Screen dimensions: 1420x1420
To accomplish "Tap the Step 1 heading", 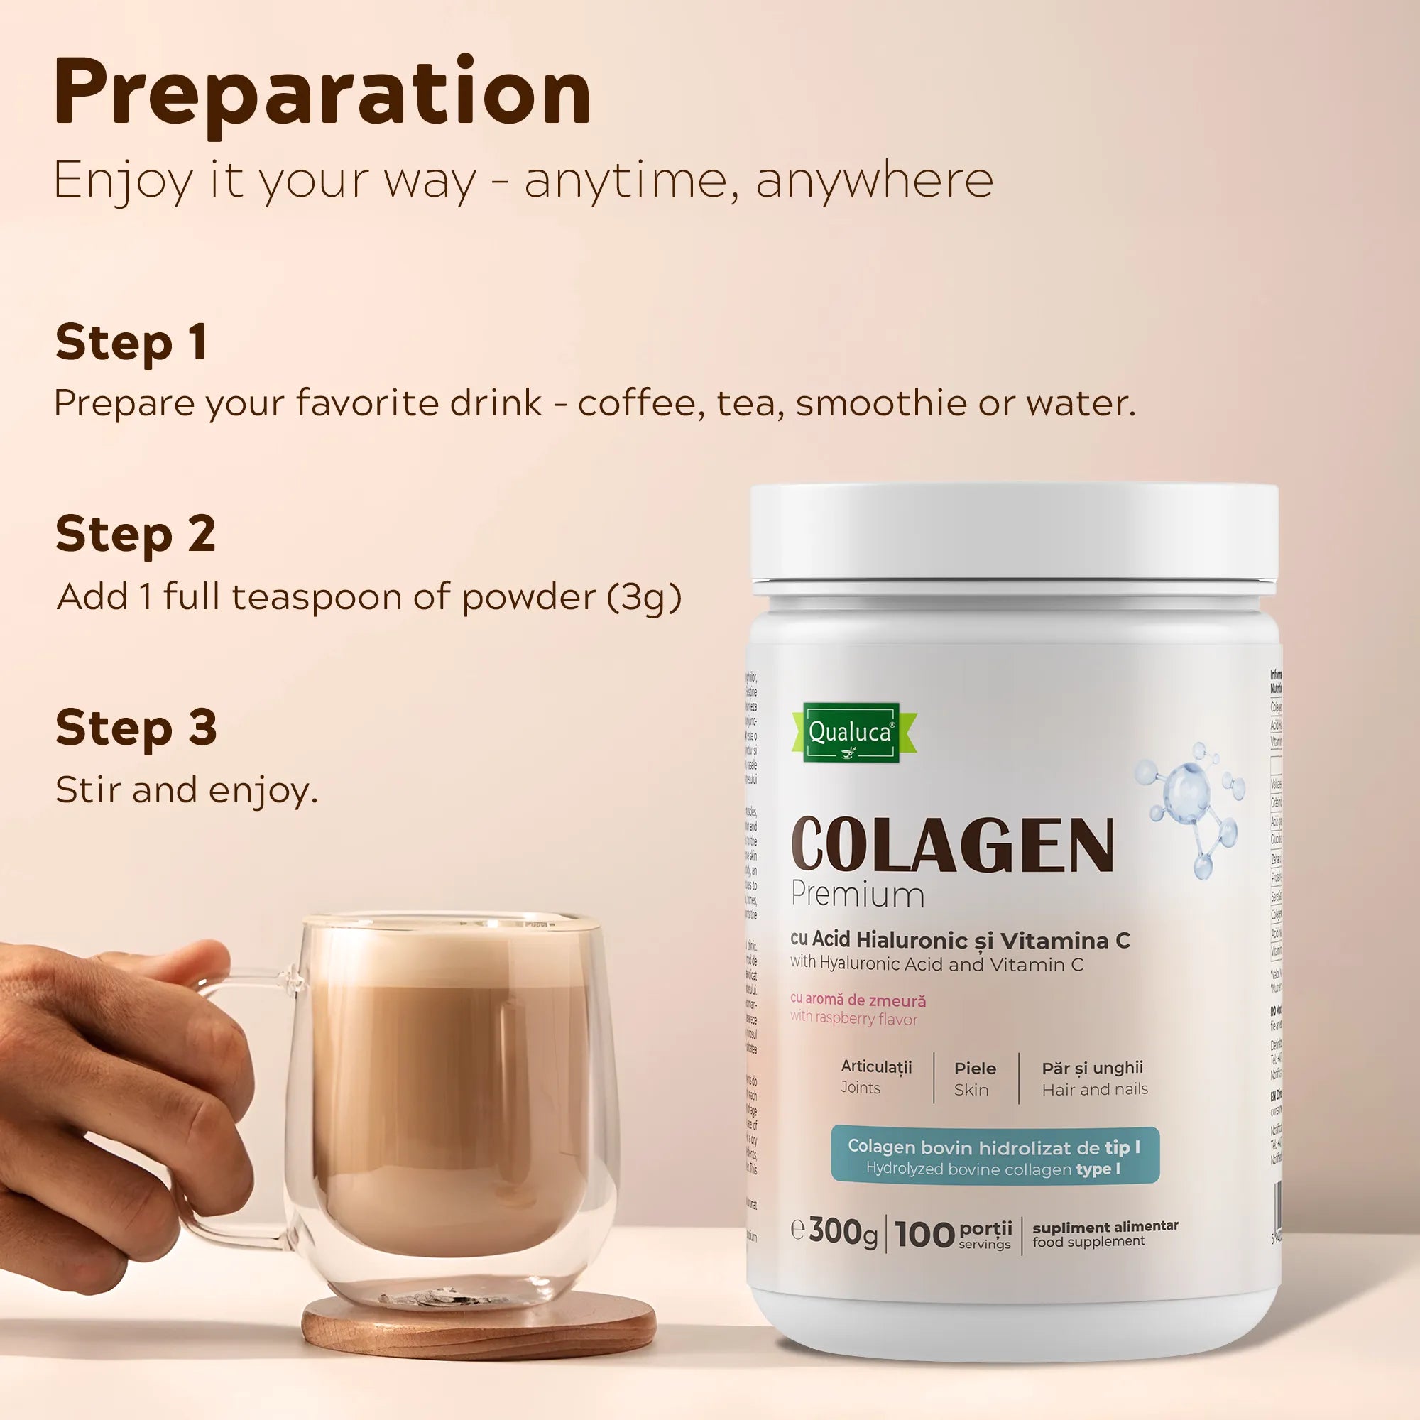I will click(x=131, y=342).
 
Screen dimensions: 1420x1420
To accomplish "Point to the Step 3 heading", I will click(x=136, y=728).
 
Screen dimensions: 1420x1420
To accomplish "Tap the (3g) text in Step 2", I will click(x=644, y=597).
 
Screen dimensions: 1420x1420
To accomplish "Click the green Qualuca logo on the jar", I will click(x=852, y=732).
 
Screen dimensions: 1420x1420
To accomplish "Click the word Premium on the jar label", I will click(x=857, y=895).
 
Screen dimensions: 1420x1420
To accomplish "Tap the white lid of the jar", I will click(x=1015, y=537).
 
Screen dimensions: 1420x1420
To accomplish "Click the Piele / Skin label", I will click(x=975, y=1078).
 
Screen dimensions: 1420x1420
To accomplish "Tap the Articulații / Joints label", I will click(x=876, y=1077).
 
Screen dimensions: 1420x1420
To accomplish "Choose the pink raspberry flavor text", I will click(x=857, y=1009).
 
